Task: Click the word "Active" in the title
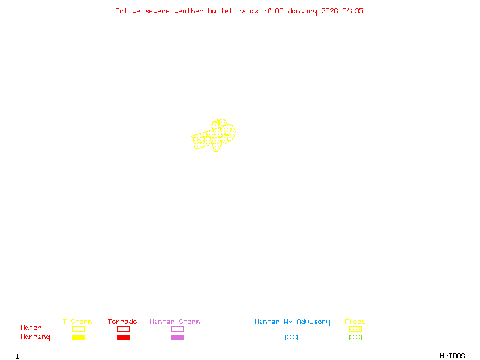pos(128,11)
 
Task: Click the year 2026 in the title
pos(330,11)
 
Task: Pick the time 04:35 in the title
pos(353,11)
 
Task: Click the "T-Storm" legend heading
pos(77,322)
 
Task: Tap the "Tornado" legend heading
pos(122,322)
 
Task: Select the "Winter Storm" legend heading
pos(175,322)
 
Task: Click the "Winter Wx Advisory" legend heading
pos(292,322)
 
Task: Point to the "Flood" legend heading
pos(355,322)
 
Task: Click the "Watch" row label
pos(31,328)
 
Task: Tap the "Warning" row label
pos(35,337)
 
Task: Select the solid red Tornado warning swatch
pos(123,338)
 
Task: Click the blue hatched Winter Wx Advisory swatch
pos(291,338)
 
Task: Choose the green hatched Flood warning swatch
pos(355,338)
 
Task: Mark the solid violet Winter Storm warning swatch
pos(177,338)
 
